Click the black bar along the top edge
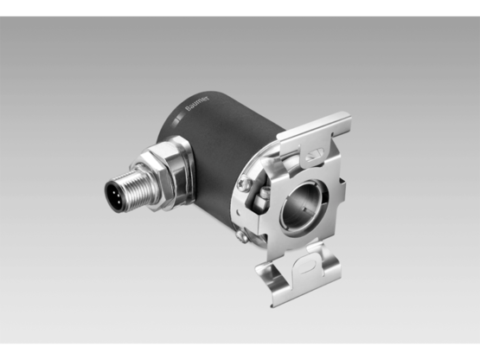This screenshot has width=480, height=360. coord(240,7)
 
